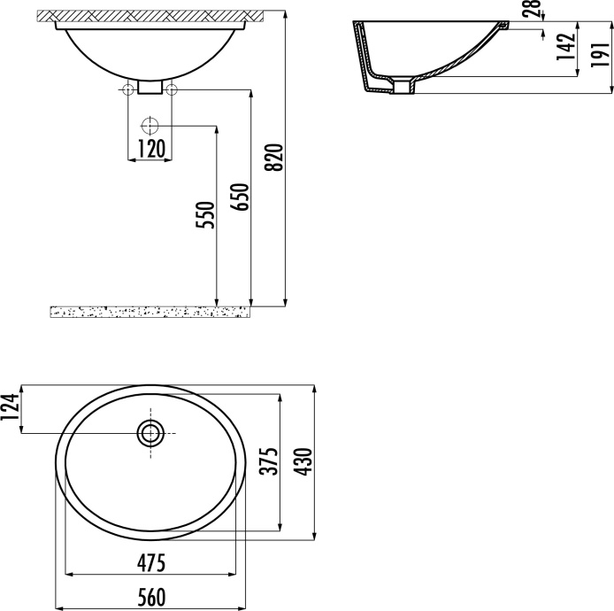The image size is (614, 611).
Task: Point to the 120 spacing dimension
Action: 150,149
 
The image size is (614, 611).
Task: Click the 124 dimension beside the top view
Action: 12,409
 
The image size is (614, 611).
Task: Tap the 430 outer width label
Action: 303,462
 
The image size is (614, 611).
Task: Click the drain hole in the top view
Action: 150,433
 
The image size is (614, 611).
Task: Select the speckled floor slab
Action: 150,311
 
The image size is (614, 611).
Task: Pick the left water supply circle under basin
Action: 128,89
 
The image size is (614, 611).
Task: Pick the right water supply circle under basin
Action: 172,89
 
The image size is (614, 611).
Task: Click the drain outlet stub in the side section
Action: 404,86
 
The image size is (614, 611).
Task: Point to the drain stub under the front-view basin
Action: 150,88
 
